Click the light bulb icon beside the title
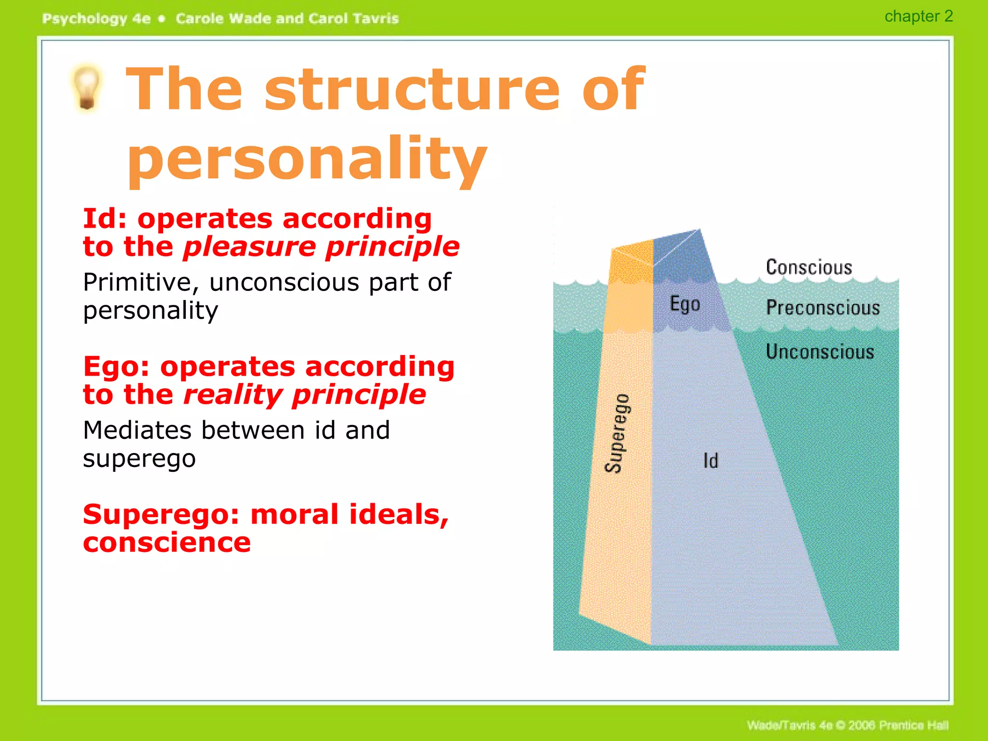(x=87, y=88)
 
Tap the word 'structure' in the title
(x=412, y=90)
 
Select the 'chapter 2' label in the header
(x=918, y=16)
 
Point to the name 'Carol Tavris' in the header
(x=354, y=19)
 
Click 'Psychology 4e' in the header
(x=96, y=19)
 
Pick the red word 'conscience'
(x=167, y=543)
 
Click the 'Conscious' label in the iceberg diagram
(x=809, y=267)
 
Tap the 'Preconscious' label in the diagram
(x=823, y=308)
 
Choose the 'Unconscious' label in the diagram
(x=820, y=352)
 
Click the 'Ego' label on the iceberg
(x=685, y=304)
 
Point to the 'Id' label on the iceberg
(x=711, y=461)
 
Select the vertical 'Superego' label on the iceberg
(x=617, y=433)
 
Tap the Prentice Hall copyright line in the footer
(x=847, y=725)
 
